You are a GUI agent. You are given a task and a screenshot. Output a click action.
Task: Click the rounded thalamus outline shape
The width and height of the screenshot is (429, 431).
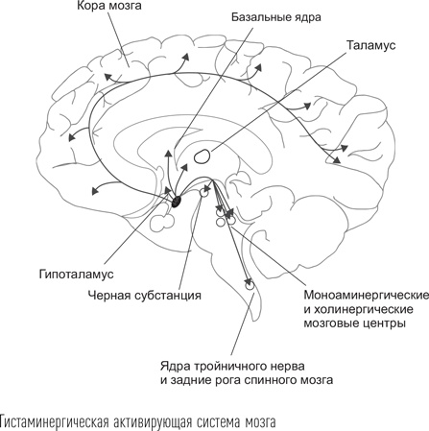203,154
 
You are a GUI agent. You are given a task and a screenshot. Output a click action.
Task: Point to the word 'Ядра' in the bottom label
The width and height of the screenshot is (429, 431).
174,365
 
